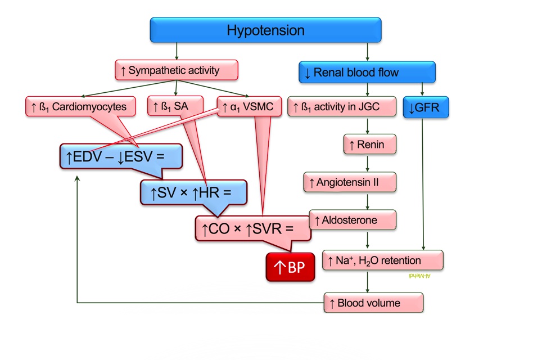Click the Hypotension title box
pos(265,30)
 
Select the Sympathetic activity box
pos(177,70)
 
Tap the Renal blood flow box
pos(367,73)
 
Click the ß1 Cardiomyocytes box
pos(80,106)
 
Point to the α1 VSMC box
pos(249,106)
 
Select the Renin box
pos(370,145)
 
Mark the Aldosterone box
pos(353,220)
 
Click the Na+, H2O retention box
pos(383,260)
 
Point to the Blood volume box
pos(373,303)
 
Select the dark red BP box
pos(290,267)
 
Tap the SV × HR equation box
pos(193,192)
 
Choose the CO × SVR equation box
pos(253,228)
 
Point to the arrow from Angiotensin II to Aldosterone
pos(368,201)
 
